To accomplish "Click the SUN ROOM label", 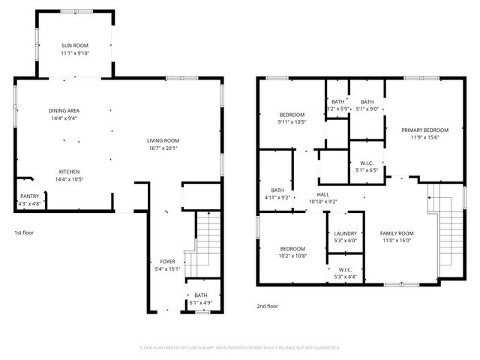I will point(75,49).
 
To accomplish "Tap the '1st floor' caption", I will point(24,232).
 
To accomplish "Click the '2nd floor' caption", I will point(267,306).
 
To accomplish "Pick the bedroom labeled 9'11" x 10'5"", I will point(292,118).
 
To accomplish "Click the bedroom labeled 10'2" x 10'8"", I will point(292,252).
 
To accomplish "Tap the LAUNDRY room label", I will point(345,236).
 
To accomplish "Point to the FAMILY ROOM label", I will point(397,236).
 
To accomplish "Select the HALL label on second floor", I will point(323,197).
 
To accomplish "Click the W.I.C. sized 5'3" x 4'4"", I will point(345,273).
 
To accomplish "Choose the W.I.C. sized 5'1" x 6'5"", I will point(367,166).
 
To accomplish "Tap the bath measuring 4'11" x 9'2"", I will point(277,193).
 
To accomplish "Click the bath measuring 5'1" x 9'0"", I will point(367,105).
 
